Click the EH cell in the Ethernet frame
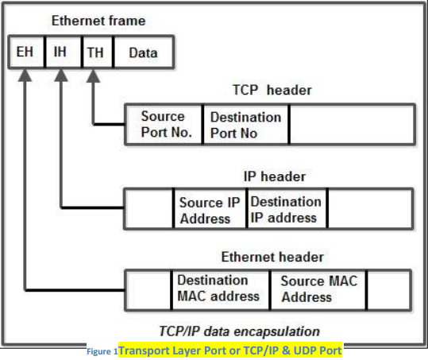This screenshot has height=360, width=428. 25,53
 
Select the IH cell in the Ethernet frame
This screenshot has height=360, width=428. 60,53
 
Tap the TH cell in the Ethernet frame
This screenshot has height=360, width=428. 94,53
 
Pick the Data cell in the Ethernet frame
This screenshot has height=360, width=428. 142,53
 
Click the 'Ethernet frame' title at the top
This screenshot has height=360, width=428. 98,20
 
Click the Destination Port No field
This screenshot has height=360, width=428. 245,125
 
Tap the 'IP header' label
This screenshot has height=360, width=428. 274,176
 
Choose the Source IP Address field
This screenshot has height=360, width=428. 210,210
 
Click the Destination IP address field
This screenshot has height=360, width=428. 286,209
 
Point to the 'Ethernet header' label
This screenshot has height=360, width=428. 273,257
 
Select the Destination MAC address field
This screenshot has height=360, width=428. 218,288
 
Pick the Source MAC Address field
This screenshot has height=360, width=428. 318,288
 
